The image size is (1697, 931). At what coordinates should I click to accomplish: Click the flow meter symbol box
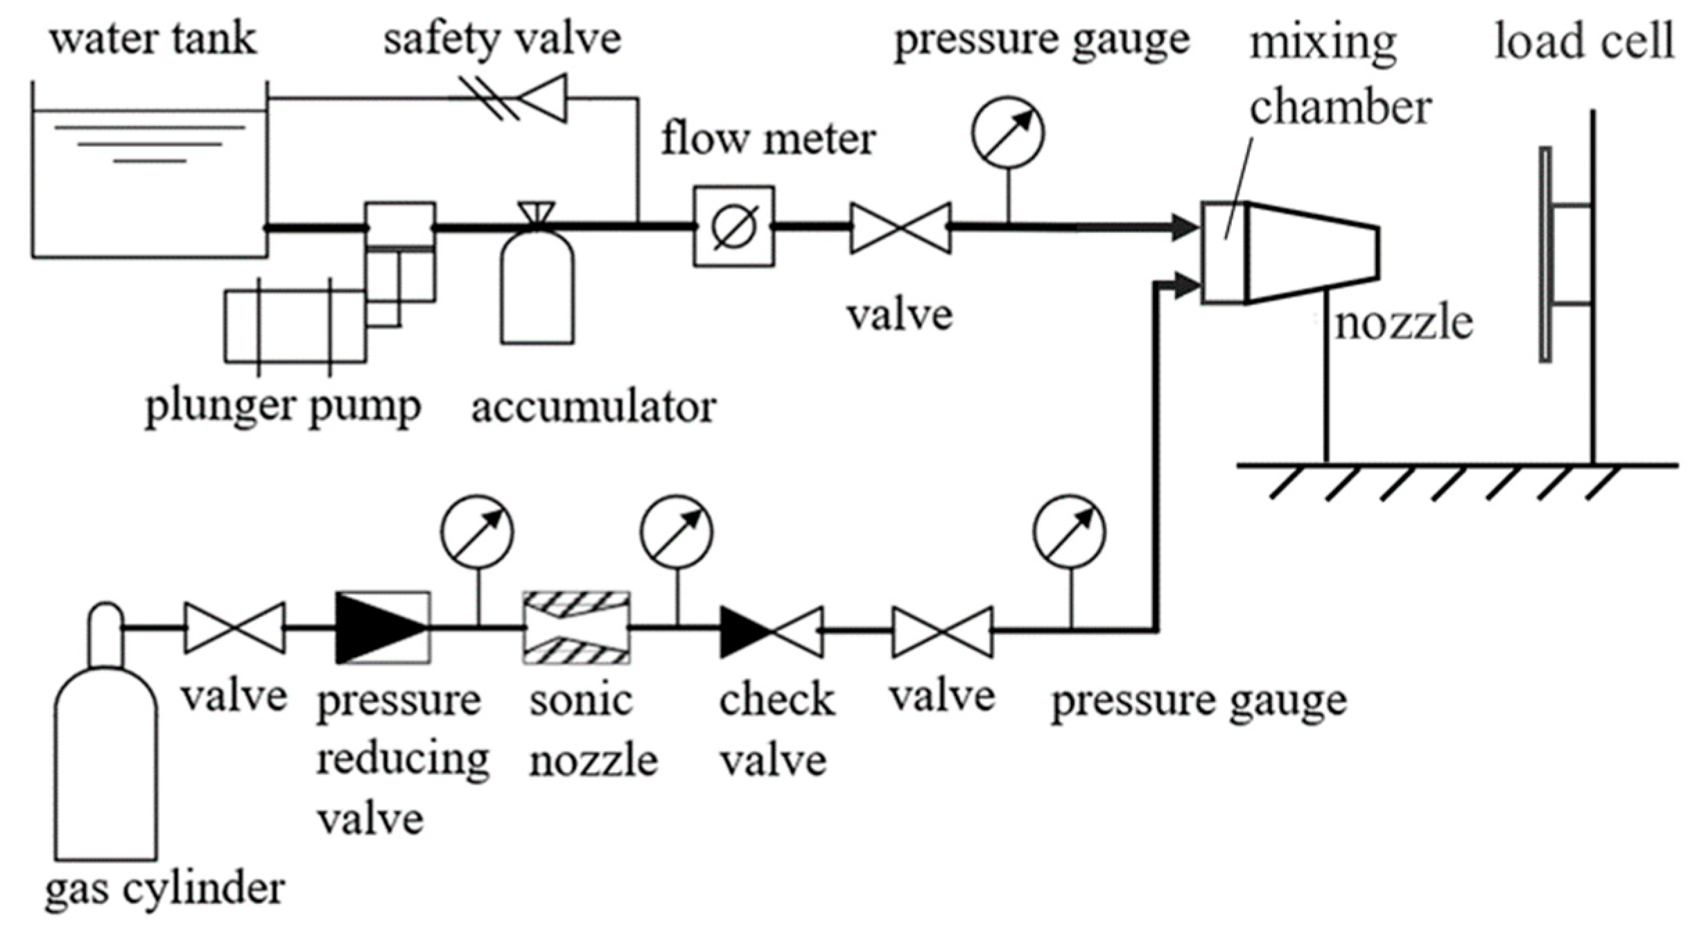pos(734,227)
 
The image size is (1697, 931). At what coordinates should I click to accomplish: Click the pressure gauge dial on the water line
pos(1007,132)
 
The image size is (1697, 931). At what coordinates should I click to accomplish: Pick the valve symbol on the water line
pos(900,227)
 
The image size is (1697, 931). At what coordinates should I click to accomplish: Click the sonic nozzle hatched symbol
pos(576,628)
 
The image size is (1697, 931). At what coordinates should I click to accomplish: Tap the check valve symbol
pos(772,632)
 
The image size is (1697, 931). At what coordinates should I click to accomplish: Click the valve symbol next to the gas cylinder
pos(234,628)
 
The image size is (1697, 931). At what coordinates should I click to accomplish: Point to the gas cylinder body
pos(106,763)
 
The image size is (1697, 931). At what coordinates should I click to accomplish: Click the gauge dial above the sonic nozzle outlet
pos(677,531)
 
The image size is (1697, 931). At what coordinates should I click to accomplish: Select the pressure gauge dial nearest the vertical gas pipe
pos(1070,531)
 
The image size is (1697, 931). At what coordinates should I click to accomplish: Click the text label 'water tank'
pos(153,39)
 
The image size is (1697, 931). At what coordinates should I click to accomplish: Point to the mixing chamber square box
pos(1224,253)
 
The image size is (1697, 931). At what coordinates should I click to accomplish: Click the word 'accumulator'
pos(593,408)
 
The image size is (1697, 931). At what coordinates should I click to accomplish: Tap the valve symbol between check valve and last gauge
pos(942,632)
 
